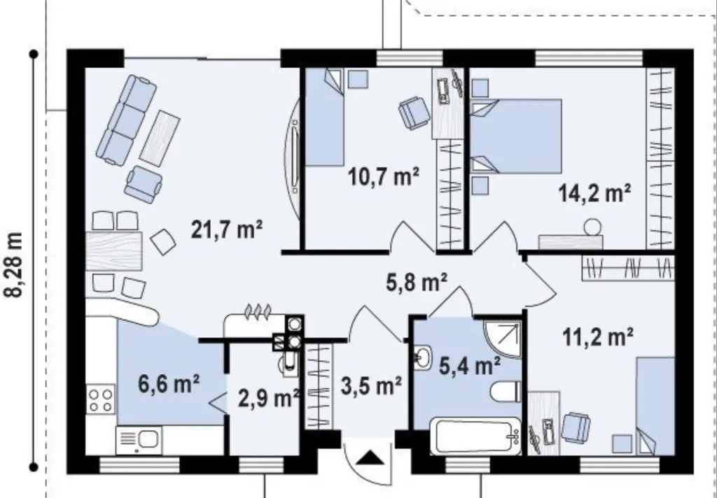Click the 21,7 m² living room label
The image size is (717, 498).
click(x=227, y=229)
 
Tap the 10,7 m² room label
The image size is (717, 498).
click(x=384, y=176)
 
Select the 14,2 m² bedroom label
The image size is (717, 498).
click(x=595, y=193)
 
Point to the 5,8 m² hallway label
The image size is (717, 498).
click(x=417, y=282)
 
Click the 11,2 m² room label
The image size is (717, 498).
click(x=598, y=338)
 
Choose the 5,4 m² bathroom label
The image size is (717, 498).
click(x=470, y=366)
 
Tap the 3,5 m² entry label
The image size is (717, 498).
click(x=371, y=386)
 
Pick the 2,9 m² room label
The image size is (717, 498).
click(x=269, y=399)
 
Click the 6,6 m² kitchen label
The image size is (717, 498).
click(x=169, y=384)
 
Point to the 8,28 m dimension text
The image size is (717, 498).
click(x=14, y=265)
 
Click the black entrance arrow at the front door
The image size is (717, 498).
click(x=370, y=457)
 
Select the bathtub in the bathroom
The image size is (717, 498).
click(x=476, y=436)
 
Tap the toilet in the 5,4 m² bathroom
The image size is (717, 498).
click(x=506, y=392)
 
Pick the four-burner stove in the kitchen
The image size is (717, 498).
click(x=101, y=400)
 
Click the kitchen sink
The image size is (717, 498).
click(x=139, y=440)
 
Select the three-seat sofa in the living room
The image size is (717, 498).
click(x=127, y=120)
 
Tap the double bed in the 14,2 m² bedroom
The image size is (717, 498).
click(x=517, y=136)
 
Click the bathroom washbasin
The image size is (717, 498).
click(x=423, y=357)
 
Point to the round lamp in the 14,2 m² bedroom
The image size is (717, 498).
click(x=592, y=227)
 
